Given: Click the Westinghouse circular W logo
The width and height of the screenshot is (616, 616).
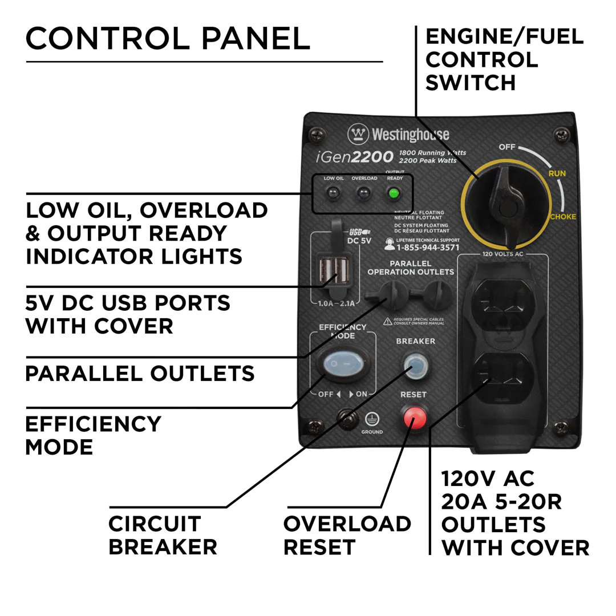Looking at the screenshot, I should (358, 135).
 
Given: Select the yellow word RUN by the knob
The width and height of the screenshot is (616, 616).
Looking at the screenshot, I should (557, 173).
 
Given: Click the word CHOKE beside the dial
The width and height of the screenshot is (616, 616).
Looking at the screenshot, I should (562, 217).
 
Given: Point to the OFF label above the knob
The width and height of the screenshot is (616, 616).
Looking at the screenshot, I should (506, 147).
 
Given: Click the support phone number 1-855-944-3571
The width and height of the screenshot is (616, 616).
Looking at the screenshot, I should (427, 248).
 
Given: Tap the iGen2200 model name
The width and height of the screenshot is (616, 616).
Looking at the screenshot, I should (354, 156).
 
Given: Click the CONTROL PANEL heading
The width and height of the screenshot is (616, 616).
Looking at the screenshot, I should (168, 39).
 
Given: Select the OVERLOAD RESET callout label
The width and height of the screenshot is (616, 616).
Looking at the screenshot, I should (347, 535).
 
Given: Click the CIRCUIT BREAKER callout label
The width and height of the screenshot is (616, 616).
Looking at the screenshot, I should (163, 535).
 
